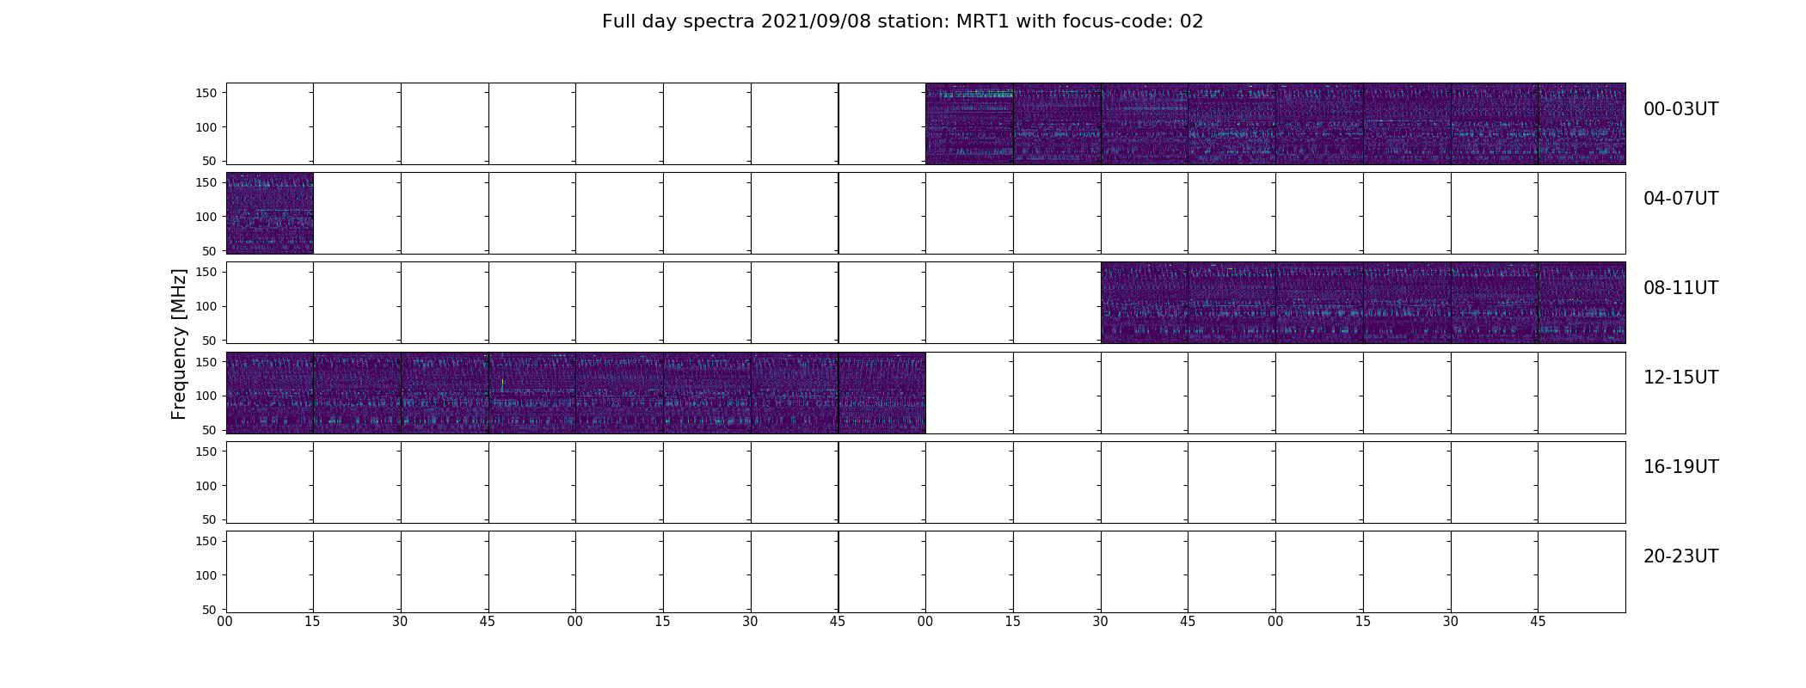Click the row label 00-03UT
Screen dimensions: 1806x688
coord(1680,109)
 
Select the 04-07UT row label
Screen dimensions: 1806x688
coord(1680,199)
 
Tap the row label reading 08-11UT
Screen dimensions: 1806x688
coord(1680,288)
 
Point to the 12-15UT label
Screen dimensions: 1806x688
coord(1680,378)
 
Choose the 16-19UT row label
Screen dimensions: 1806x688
coord(1680,467)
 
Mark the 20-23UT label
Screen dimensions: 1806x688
coord(1680,556)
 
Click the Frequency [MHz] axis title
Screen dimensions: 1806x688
coord(179,344)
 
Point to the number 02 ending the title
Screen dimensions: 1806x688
coord(1192,21)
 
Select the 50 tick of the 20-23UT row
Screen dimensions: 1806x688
coord(209,609)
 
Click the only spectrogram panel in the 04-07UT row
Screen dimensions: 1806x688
coord(269,213)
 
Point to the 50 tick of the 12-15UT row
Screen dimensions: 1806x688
coord(209,430)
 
